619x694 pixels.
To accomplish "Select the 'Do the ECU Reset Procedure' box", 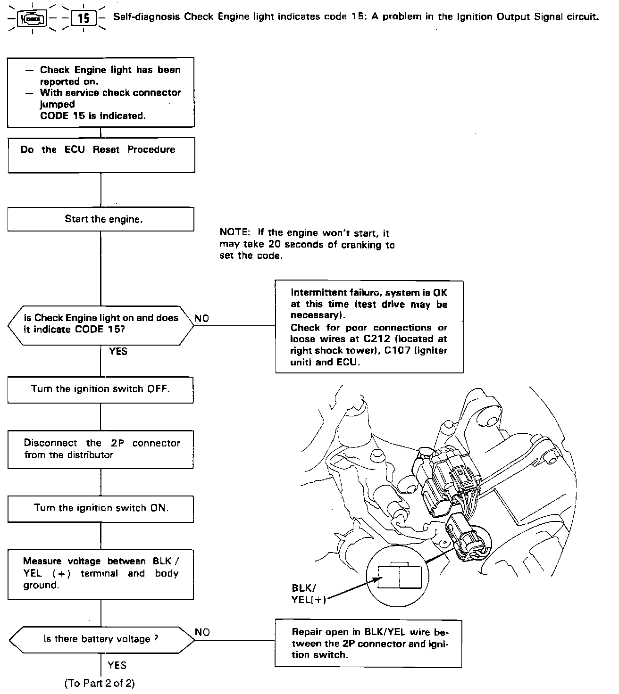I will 101,155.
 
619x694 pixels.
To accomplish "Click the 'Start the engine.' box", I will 100,219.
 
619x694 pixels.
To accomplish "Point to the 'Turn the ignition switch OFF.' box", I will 100,389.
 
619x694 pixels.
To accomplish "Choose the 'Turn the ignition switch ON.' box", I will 100,508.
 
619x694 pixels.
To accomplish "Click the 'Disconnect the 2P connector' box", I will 100,449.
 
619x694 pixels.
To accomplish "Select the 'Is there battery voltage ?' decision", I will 101,639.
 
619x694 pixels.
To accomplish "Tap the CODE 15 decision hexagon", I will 101,324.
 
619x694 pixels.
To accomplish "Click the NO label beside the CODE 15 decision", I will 201,319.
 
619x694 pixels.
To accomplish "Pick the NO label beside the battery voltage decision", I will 202,632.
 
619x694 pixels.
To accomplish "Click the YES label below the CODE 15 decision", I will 118,351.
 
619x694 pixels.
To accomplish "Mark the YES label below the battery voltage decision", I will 117,665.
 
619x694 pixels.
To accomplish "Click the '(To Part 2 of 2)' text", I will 102,683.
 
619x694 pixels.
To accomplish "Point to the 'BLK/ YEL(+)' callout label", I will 307,594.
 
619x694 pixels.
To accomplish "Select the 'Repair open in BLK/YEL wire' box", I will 368,643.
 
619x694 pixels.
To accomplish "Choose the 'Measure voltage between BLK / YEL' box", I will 100,574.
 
